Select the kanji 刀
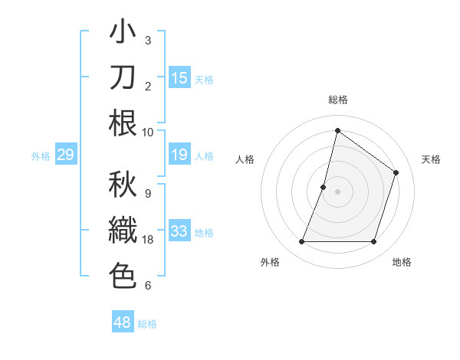pyautogui.click(x=123, y=77)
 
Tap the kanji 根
pyautogui.click(x=123, y=123)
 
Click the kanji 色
pyautogui.click(x=123, y=275)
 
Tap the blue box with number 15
pyautogui.click(x=179, y=77)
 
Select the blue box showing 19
pyautogui.click(x=179, y=155)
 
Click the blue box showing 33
pyautogui.click(x=179, y=231)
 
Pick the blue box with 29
pyautogui.click(x=65, y=155)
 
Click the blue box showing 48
pyautogui.click(x=123, y=322)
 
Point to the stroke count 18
pyautogui.click(x=149, y=240)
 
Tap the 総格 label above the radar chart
pyautogui.click(x=338, y=100)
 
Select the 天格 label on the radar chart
pyautogui.click(x=431, y=159)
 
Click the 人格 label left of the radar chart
pyautogui.click(x=245, y=159)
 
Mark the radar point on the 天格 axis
pyautogui.click(x=396, y=172)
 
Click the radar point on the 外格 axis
pyautogui.click(x=301, y=242)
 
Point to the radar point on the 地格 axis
pyautogui.click(x=374, y=242)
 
